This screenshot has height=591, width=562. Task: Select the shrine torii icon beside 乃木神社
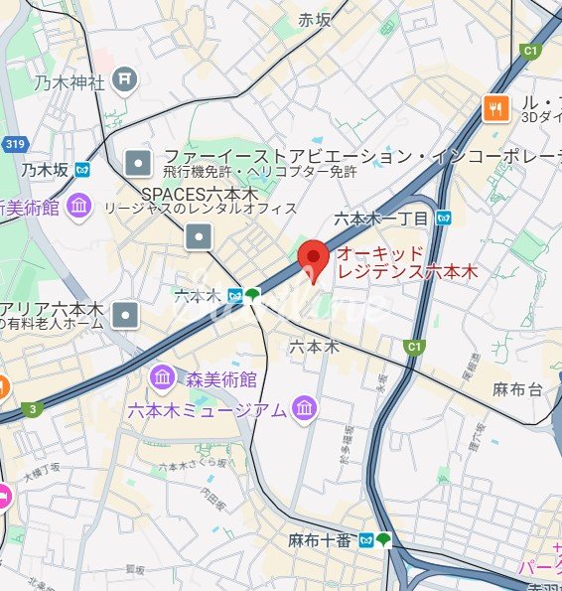point(124,77)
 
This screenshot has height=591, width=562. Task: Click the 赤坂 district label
point(320,20)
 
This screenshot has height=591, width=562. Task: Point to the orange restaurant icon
point(495,108)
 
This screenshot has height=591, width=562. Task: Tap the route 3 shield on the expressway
point(35,408)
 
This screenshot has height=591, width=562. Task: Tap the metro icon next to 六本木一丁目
point(446,218)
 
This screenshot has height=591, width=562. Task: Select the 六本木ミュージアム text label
point(207,409)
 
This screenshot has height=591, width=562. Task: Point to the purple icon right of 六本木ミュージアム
point(305,408)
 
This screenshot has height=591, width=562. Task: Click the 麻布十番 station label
point(321,540)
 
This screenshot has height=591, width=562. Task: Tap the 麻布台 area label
point(517,389)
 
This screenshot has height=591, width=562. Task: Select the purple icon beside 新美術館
point(80,208)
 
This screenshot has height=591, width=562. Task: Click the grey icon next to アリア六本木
point(125,316)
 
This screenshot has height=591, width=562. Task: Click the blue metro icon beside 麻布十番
point(366,540)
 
